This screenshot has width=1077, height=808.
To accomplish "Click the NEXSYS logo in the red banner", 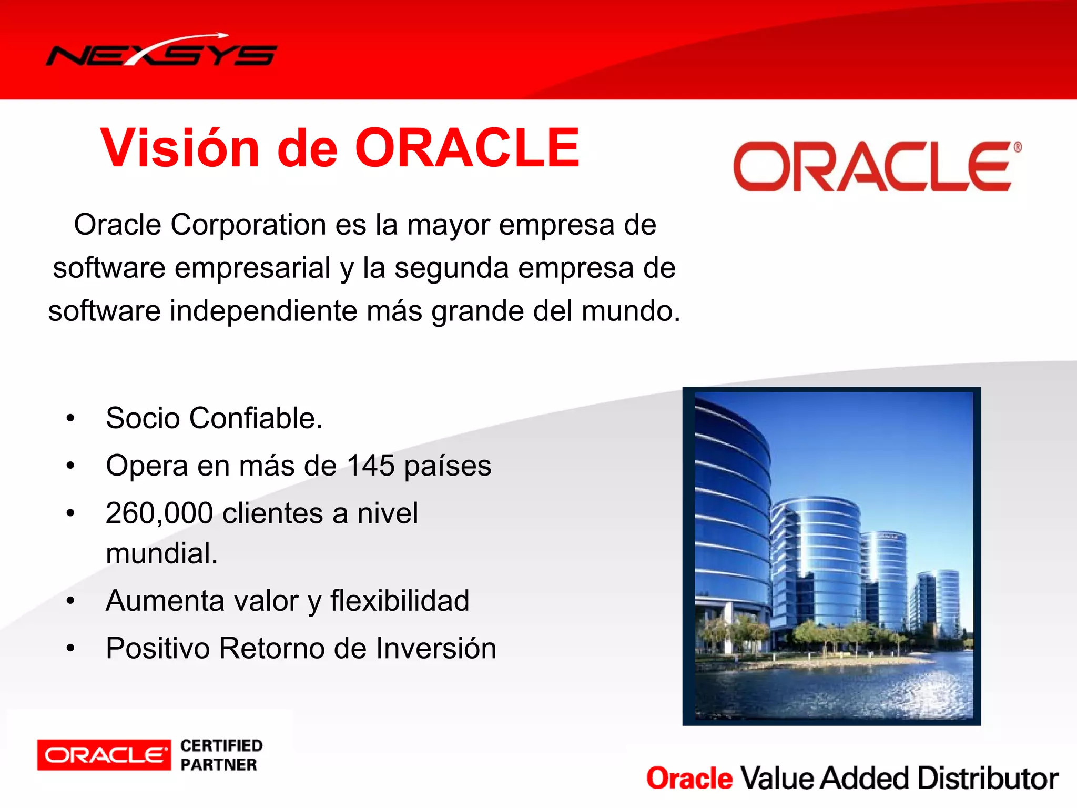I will pyautogui.click(x=161, y=53).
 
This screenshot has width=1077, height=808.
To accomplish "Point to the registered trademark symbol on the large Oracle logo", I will pyautogui.click(x=1018, y=147).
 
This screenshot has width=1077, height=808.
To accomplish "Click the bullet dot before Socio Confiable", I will pyautogui.click(x=70, y=419).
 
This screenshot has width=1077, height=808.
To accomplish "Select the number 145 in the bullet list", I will pyautogui.click(x=371, y=466).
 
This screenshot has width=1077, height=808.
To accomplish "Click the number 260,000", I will pyautogui.click(x=159, y=513).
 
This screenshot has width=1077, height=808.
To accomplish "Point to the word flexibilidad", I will pyautogui.click(x=400, y=601).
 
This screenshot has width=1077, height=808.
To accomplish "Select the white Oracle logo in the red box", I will pyautogui.click(x=104, y=755).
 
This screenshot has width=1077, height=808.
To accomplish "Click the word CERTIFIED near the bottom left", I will pyautogui.click(x=221, y=746).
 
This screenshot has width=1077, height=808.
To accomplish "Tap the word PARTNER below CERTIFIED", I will pyautogui.click(x=219, y=765).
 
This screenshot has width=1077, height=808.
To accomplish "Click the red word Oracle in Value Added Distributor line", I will pyautogui.click(x=689, y=779).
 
